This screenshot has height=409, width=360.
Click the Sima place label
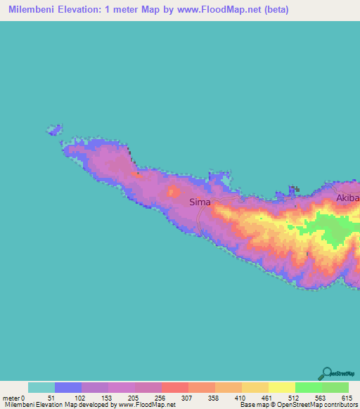click(x=200, y=202)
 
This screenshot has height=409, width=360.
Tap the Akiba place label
click(x=347, y=198)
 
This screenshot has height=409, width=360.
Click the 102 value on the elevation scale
click(x=81, y=398)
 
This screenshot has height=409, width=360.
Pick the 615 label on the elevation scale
click(x=348, y=398)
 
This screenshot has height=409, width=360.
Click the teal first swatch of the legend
click(x=41, y=387)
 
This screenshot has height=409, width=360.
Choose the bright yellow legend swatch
click(x=281, y=387)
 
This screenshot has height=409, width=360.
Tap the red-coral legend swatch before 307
click(x=174, y=387)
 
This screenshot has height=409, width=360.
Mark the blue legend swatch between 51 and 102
click(x=67, y=387)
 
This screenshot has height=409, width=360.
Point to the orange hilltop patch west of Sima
click(x=173, y=191)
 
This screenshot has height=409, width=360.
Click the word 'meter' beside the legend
click(x=10, y=398)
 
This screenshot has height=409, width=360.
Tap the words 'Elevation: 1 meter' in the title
click(x=100, y=11)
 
